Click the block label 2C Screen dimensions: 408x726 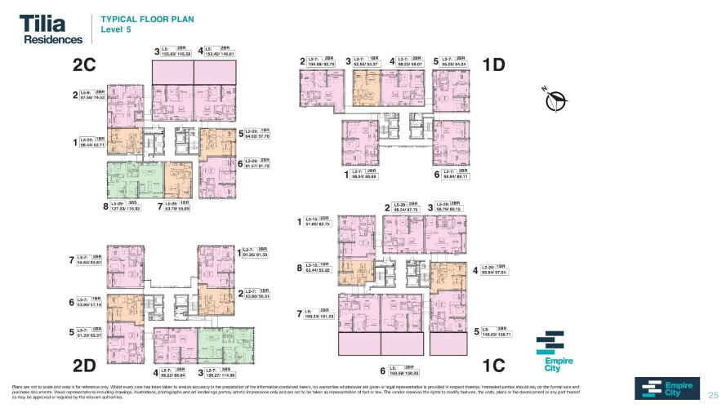85,64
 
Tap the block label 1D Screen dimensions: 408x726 493,64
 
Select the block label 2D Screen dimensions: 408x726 85,364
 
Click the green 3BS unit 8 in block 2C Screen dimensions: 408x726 134,179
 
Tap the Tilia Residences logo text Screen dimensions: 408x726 51,29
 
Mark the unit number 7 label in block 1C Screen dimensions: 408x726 299,313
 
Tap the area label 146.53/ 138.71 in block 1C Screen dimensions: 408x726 499,335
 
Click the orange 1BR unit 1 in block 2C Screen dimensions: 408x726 123,141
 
